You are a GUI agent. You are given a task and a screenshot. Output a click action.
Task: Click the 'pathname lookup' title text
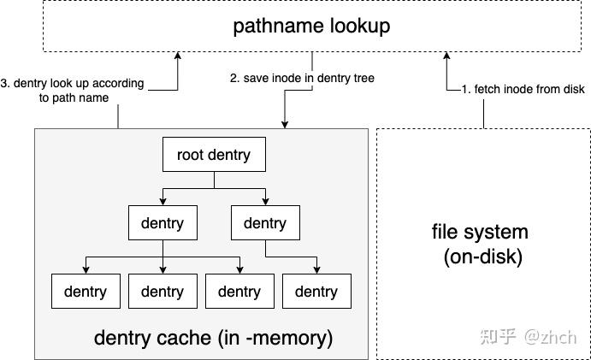coord(311,27)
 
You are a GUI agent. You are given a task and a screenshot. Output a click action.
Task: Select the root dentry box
coord(213,155)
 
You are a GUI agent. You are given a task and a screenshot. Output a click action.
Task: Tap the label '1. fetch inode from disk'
coord(523,89)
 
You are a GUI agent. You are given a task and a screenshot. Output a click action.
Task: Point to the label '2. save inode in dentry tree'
coord(302,79)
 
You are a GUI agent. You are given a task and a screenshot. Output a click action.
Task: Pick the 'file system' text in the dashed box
coord(480,232)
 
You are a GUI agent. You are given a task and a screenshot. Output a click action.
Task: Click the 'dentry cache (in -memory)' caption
coord(213,338)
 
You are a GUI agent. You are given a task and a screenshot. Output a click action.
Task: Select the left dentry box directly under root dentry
coord(162,223)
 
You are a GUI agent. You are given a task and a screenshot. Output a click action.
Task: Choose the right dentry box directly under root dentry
coord(264,223)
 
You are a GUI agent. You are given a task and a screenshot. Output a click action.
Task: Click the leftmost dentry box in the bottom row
coord(85,292)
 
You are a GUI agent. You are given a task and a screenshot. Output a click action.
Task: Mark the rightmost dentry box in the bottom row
coord(316,292)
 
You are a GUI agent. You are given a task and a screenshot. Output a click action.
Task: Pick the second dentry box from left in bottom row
coord(162,292)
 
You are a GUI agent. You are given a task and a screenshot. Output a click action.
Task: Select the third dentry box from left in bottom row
coord(239,292)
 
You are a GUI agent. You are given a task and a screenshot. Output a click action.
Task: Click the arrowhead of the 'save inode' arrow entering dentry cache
coord(285,124)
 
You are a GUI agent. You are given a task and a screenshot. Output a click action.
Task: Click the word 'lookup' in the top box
coord(359,27)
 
